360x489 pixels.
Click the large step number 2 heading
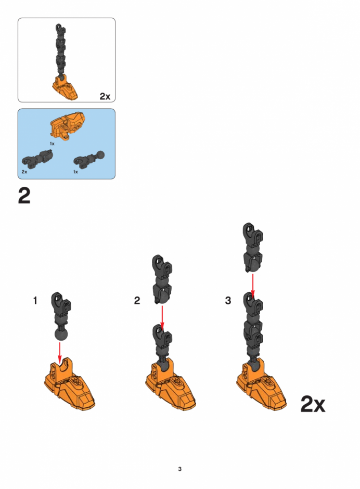point(24,196)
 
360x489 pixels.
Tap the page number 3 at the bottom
point(179,469)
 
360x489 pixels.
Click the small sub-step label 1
point(35,300)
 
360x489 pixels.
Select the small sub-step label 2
point(137,300)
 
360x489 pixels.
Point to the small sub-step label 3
point(228,300)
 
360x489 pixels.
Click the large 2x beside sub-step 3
point(313,404)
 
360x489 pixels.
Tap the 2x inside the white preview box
point(105,96)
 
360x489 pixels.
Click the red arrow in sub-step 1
point(60,353)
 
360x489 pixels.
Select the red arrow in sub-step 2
point(162,317)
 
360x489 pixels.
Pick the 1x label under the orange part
point(52,144)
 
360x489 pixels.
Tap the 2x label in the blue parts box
point(24,172)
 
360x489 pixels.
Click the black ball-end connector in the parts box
point(89,159)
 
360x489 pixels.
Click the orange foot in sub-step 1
point(69,384)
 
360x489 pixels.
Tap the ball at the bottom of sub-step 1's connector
point(61,334)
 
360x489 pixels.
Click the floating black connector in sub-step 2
point(162,279)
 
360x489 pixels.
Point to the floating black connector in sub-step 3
point(253,248)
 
